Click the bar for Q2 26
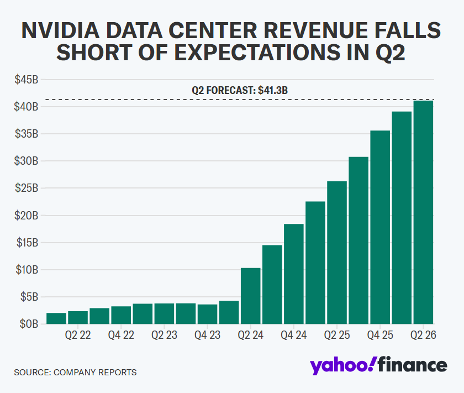[x=423, y=212]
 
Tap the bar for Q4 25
[x=380, y=227]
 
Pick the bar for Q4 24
[x=294, y=274]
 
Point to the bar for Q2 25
[x=337, y=252]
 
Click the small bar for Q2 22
[x=78, y=317]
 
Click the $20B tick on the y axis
[x=27, y=215]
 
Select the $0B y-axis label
[x=29, y=324]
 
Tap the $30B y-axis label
[x=27, y=161]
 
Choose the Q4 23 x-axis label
[x=207, y=335]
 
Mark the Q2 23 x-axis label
[x=164, y=335]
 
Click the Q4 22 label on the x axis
[x=121, y=335]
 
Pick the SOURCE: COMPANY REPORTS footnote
[x=75, y=372]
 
